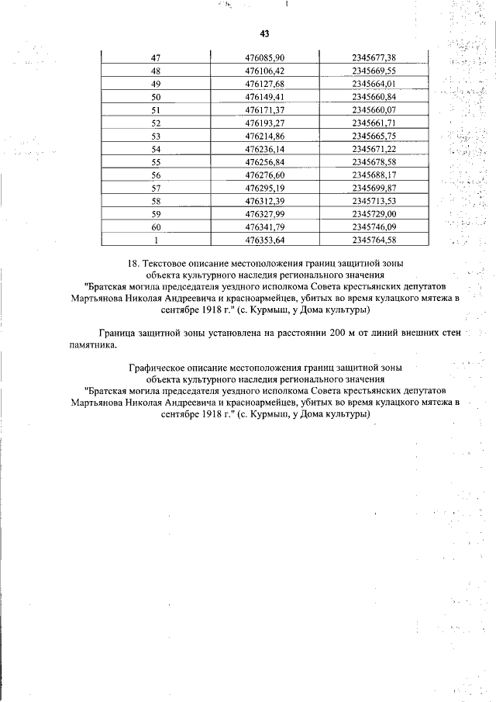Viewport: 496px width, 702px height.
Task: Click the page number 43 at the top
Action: (x=264, y=34)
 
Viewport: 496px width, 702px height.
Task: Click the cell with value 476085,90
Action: (x=264, y=57)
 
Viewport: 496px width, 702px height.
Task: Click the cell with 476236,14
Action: (x=264, y=149)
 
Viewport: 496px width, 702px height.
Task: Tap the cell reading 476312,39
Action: (x=264, y=201)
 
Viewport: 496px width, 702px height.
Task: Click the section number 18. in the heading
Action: (x=133, y=265)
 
